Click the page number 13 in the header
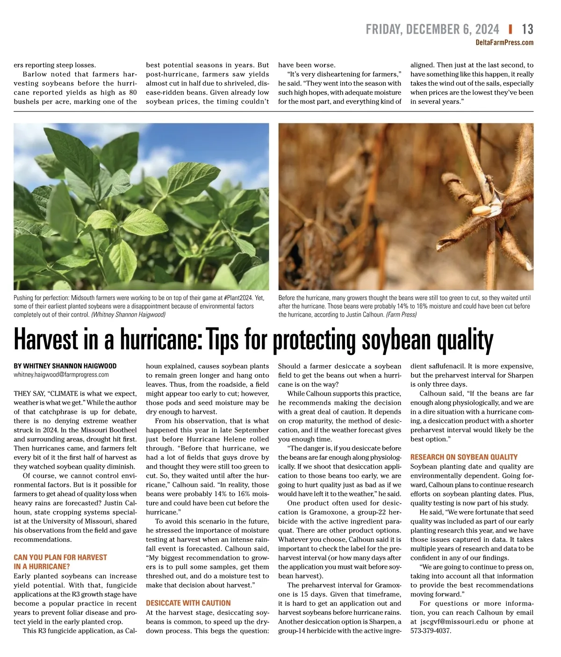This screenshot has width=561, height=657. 527,29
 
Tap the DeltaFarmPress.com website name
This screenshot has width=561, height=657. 504,43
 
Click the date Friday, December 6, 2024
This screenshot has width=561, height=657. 432,29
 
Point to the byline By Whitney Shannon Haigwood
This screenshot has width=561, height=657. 65,366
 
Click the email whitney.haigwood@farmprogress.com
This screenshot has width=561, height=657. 61,375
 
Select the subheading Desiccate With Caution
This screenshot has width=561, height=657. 188,603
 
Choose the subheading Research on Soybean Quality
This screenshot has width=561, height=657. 464,457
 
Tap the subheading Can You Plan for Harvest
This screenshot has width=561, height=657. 60,557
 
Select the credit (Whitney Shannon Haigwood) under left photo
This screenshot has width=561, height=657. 128,315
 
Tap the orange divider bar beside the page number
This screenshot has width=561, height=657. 510,29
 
